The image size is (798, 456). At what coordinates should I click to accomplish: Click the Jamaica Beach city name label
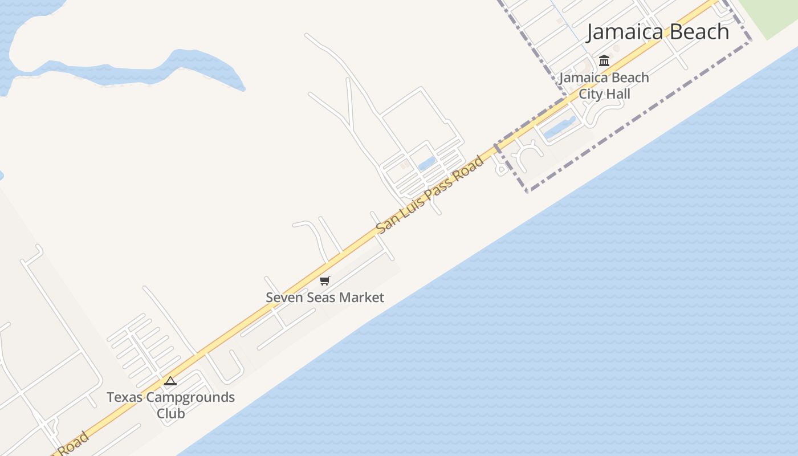pyautogui.click(x=658, y=32)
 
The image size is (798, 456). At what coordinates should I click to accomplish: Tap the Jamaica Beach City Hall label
pyautogui.click(x=604, y=85)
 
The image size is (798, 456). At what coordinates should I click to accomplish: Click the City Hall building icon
pyautogui.click(x=604, y=60)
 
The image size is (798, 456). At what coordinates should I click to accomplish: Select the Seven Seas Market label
pyautogui.click(x=325, y=298)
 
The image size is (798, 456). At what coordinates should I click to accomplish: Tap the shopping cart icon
pyautogui.click(x=325, y=280)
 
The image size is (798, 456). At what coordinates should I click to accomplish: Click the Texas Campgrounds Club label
pyautogui.click(x=170, y=405)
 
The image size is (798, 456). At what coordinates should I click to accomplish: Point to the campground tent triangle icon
pyautogui.click(x=170, y=381)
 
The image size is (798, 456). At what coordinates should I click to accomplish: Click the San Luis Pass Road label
pyautogui.click(x=430, y=194)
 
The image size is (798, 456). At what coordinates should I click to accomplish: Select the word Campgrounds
pyautogui.click(x=184, y=397)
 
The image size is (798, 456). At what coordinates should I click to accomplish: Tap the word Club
pyautogui.click(x=170, y=413)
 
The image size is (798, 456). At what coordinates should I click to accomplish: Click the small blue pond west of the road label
pyautogui.click(x=427, y=164)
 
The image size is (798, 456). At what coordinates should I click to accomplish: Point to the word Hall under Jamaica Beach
pyautogui.click(x=618, y=94)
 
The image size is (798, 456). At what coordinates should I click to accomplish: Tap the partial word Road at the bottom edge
pyautogui.click(x=73, y=445)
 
